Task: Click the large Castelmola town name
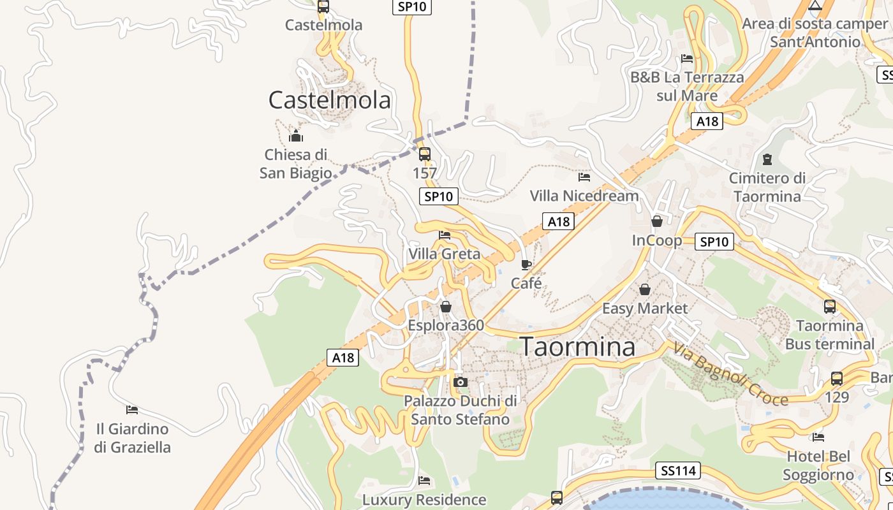[x=329, y=100]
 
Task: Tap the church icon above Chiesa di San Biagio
[x=295, y=136]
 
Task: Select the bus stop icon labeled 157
[x=424, y=154]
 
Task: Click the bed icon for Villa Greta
[x=445, y=235]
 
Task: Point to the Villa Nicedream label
[x=584, y=196]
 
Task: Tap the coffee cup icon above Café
[x=526, y=265]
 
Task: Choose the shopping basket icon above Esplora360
[x=446, y=307]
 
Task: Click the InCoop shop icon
[x=656, y=221]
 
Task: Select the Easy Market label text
[x=645, y=309]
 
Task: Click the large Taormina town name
[x=578, y=347]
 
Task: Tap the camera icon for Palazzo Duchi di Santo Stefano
[x=460, y=382]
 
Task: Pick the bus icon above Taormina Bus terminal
[x=829, y=307]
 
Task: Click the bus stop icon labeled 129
[x=837, y=379]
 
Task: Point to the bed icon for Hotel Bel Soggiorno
[x=818, y=437]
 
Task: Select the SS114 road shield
[x=677, y=471]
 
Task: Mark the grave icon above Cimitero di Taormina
[x=767, y=159]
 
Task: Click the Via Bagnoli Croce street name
[x=730, y=374]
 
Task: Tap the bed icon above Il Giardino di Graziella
[x=132, y=409]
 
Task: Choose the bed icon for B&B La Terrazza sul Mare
[x=687, y=59]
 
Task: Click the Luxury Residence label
[x=424, y=500]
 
